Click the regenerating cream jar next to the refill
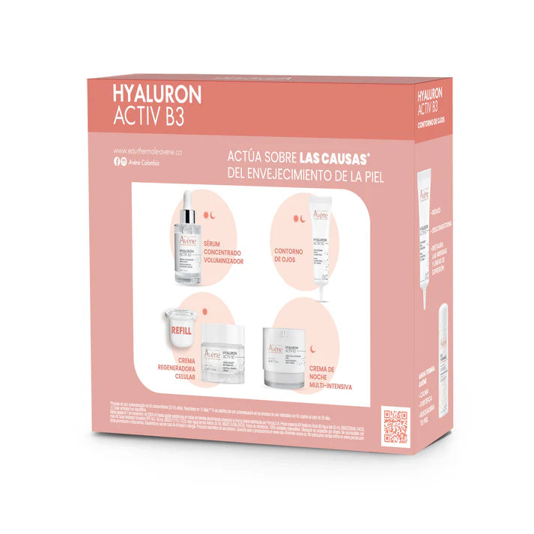point(221,357)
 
